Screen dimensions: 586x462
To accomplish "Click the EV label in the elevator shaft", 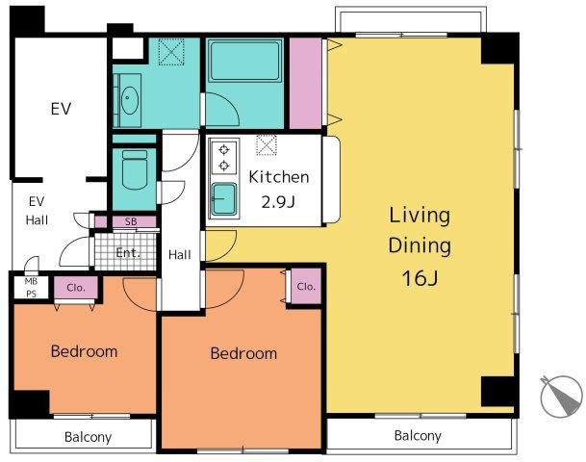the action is tap(61, 109).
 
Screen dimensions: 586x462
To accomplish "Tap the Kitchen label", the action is tap(279, 177).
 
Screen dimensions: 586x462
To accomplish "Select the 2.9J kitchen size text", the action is tap(278, 202).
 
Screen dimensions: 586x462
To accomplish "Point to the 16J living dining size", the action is tap(420, 278).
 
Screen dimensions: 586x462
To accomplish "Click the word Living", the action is tap(420, 216).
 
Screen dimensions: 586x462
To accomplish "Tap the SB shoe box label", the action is tap(131, 221).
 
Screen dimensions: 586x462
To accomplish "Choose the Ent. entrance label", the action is tap(128, 253).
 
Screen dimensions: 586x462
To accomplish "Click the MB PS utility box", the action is tap(31, 288).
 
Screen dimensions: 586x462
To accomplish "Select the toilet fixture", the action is tap(135, 169).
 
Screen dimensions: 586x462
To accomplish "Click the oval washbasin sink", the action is tap(130, 100).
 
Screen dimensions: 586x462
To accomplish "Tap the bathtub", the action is tap(244, 62).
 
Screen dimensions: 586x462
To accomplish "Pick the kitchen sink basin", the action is tap(224, 199).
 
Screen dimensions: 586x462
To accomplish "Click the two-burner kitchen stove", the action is tap(224, 157).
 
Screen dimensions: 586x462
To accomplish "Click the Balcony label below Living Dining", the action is tap(418, 435).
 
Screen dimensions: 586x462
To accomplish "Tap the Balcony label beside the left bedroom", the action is tap(88, 437).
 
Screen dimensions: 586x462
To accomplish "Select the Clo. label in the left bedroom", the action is tap(76, 288).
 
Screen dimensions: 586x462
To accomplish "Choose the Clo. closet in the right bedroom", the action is tap(306, 287).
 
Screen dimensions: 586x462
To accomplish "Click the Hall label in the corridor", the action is tap(179, 255).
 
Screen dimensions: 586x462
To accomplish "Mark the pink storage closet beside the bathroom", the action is tap(306, 84).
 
